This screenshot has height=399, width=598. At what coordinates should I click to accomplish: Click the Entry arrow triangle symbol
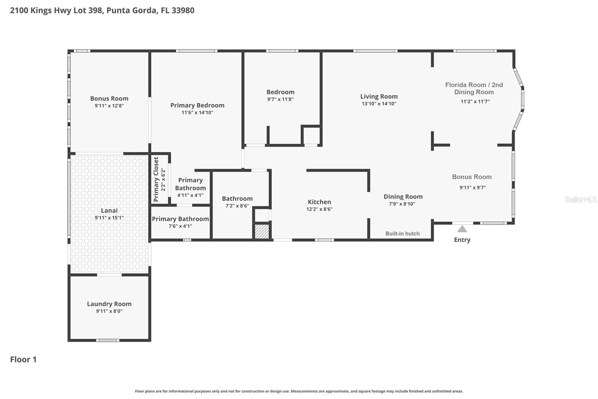coord(462,229)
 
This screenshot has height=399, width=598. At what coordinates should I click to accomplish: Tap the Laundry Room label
coord(109,304)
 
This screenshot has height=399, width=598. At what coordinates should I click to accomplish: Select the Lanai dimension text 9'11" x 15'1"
coord(109,217)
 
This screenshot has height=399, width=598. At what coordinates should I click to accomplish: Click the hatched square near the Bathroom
coord(262,231)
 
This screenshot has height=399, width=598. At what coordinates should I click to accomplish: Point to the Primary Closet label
coord(156,179)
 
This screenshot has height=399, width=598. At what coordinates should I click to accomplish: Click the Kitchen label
coord(319,202)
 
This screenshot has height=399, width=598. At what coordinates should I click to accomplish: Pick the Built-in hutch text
coord(402,234)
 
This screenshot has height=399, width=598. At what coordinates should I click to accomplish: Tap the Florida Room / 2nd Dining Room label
coord(474,88)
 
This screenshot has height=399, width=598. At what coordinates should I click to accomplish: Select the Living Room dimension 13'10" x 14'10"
coord(379,104)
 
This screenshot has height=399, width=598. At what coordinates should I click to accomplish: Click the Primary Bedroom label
coord(197,105)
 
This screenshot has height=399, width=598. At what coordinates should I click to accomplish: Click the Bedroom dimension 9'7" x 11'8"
coord(280,99)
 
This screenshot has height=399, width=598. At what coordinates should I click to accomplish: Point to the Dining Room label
coord(403,197)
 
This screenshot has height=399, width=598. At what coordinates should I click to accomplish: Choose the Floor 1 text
coord(23,359)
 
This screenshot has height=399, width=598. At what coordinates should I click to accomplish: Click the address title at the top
coord(102,10)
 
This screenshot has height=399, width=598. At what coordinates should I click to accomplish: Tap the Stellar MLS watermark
coord(580,199)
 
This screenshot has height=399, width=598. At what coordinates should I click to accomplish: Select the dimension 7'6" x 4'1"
coord(180,226)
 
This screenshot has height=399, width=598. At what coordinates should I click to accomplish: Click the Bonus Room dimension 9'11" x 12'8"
coord(109,106)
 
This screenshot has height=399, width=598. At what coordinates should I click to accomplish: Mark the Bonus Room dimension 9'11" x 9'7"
coord(472,188)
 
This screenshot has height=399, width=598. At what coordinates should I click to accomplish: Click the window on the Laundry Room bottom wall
coord(108,340)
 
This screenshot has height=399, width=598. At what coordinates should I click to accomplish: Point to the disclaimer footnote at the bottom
coord(299,391)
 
